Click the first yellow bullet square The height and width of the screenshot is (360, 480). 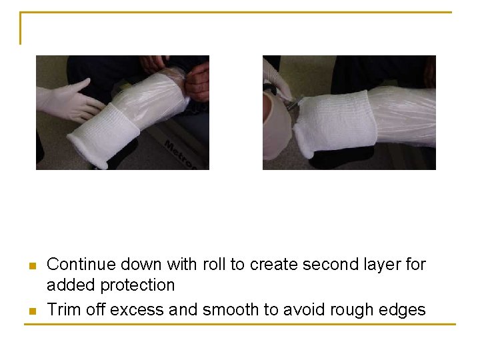(31, 267)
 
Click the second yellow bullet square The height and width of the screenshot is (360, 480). (31, 311)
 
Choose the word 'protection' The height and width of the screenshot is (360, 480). (135, 285)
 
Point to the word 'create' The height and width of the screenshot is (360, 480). (273, 265)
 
